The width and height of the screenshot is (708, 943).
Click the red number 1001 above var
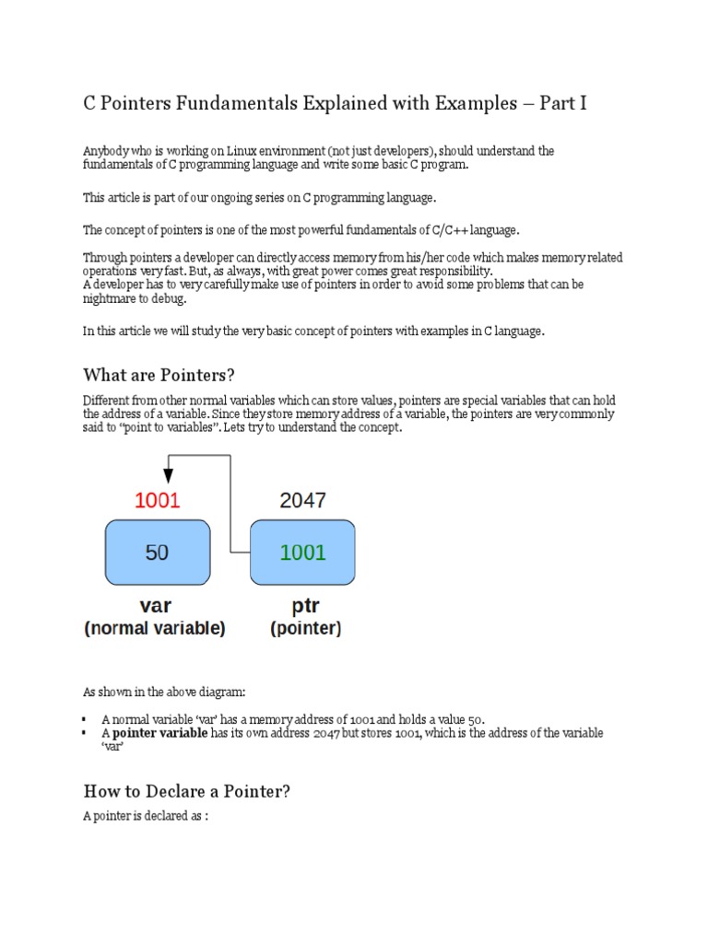tap(158, 501)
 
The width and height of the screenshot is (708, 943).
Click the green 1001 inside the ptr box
tap(302, 553)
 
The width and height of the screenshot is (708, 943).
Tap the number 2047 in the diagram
tap(302, 501)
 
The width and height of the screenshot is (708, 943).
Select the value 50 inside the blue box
tap(158, 553)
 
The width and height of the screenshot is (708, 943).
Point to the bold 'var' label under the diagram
tap(155, 607)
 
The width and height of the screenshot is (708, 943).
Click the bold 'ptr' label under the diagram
tap(305, 607)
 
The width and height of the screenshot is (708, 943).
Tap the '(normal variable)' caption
tap(155, 629)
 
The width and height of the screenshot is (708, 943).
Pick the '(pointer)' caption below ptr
tap(305, 629)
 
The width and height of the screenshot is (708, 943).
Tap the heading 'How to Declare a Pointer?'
tap(187, 791)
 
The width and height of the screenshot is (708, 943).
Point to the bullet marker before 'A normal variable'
tap(85, 719)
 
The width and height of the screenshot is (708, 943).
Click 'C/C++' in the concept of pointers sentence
tap(446, 229)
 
